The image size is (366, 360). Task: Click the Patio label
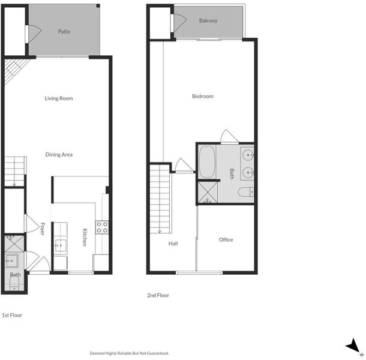(x=64, y=31)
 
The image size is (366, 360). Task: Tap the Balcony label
(x=208, y=20)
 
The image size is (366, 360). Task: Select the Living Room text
(x=59, y=98)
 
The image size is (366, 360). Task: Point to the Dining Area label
(x=59, y=154)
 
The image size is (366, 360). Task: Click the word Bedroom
(x=203, y=96)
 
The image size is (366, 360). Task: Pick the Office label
(x=226, y=239)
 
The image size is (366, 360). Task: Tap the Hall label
(x=173, y=244)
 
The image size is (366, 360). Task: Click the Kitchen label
(x=85, y=237)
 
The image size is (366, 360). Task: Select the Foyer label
(x=42, y=229)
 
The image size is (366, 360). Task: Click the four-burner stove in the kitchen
(x=102, y=227)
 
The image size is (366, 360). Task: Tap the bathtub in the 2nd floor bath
(x=207, y=162)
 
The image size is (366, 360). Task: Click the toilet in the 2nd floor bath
(x=246, y=192)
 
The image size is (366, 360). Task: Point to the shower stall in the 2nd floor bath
(x=208, y=193)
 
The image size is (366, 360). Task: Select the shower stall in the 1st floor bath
(x=14, y=244)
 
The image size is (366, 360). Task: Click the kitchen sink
(x=61, y=245)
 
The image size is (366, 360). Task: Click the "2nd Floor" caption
(x=158, y=295)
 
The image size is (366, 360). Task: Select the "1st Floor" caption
(x=12, y=315)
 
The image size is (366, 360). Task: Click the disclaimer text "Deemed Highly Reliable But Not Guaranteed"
(x=129, y=353)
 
